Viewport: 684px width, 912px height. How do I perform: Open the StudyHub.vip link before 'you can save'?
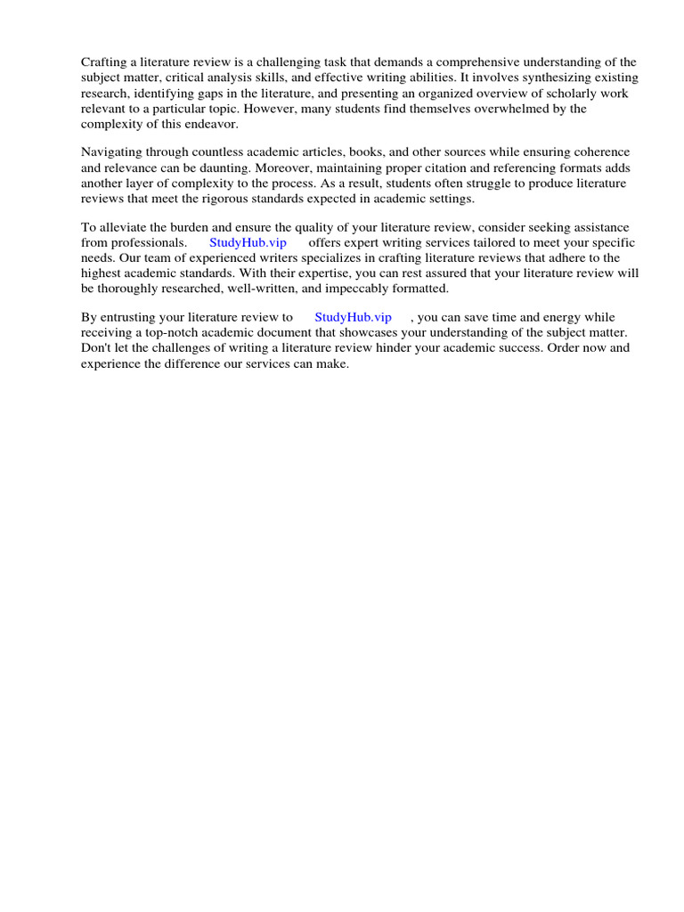[353, 317]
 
